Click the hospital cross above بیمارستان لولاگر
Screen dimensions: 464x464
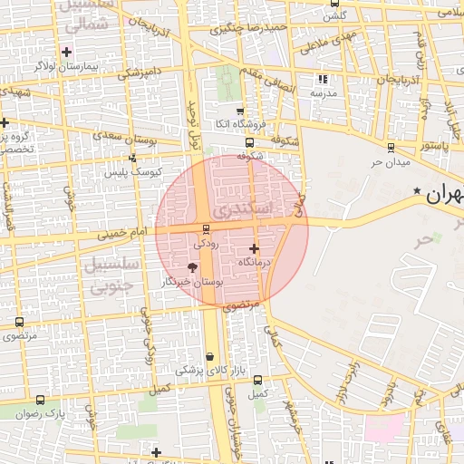tap(66, 52)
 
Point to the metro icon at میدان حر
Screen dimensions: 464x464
tap(391, 148)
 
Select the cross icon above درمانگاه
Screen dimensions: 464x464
tap(253, 248)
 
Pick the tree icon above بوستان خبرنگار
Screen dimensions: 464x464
tap(191, 267)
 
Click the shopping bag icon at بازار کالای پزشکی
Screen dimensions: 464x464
tap(210, 357)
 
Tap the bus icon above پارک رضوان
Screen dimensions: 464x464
tap(41, 400)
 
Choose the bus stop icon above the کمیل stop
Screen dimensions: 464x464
tap(258, 381)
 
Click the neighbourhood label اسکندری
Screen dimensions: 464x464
tap(241, 210)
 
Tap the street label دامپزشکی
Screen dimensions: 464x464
tap(140, 70)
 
